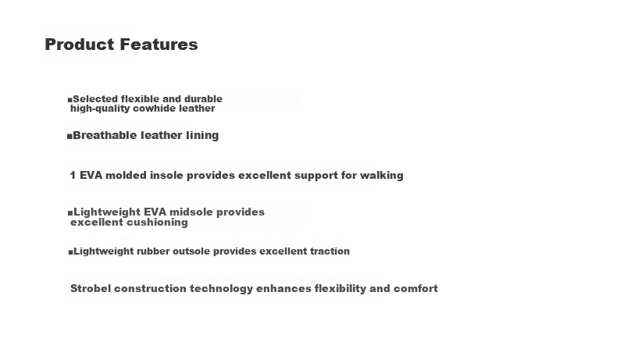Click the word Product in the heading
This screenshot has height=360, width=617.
pyautogui.click(x=80, y=45)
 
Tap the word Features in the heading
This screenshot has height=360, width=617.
pyautogui.click(x=159, y=45)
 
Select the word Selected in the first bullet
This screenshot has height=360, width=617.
pyautogui.click(x=95, y=98)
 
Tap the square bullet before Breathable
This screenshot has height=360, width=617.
pyautogui.click(x=70, y=137)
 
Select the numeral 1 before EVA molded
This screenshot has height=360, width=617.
pyautogui.click(x=73, y=175)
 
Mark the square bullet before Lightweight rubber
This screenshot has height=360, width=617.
pyautogui.click(x=70, y=252)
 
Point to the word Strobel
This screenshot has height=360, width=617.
pyautogui.click(x=91, y=288)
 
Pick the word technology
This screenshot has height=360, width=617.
pyautogui.click(x=222, y=289)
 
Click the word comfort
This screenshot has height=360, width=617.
pyautogui.click(x=415, y=288)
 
